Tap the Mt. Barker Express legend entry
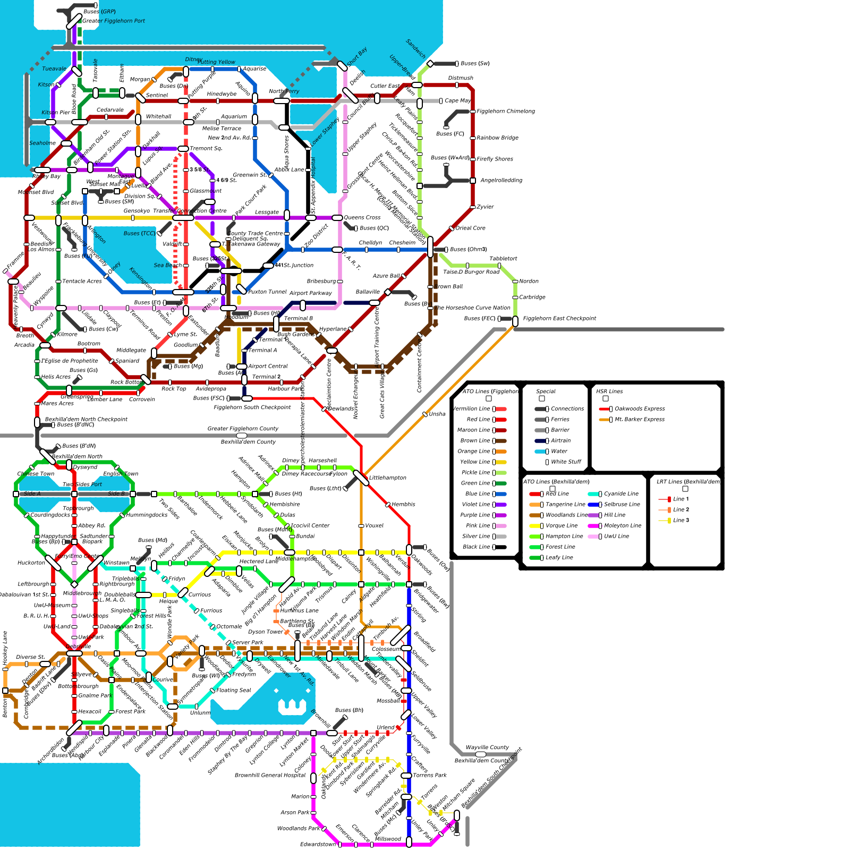coord(639,420)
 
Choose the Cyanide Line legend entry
coord(621,494)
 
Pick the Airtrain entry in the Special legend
coord(560,441)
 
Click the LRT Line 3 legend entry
coord(681,521)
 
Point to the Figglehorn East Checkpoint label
coord(559,319)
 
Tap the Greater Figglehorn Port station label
coord(113,21)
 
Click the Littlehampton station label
coord(387,478)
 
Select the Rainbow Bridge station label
coord(497,138)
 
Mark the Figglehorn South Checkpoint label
coord(252,407)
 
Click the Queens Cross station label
coord(362,218)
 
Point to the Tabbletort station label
coord(503,259)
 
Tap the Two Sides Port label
coord(82,484)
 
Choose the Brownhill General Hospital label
coord(270,776)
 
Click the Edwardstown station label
coord(318,844)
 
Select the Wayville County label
coord(487,747)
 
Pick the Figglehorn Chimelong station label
coord(505,112)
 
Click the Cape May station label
coord(457,101)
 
